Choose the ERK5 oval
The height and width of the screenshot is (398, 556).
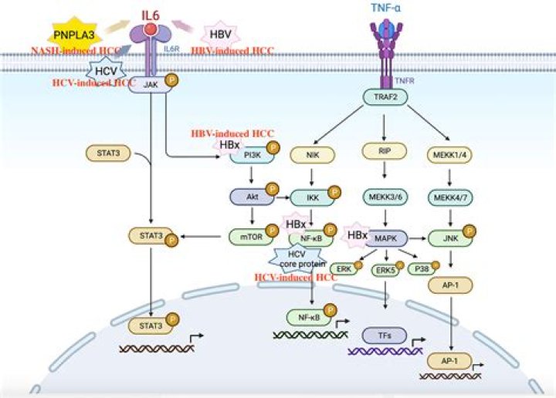pos(384,270)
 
